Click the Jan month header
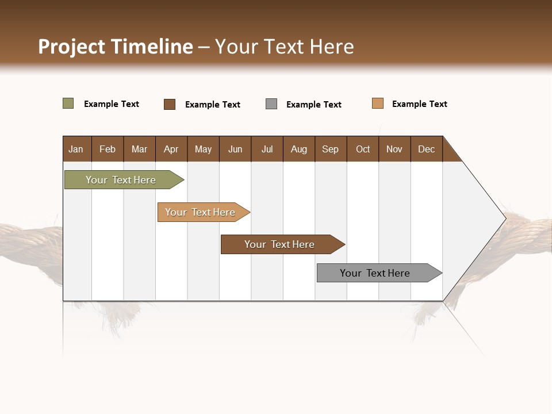click(76, 149)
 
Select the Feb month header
click(108, 149)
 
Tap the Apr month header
click(171, 149)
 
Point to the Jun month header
click(235, 149)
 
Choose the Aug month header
click(298, 149)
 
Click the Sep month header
click(330, 149)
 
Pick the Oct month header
click(363, 149)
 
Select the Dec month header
click(426, 149)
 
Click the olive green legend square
click(68, 103)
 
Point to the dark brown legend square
click(170, 104)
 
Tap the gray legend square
click(271, 104)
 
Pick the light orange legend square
click(378, 103)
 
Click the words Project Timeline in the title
click(115, 47)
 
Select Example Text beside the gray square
click(314, 105)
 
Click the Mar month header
click(139, 149)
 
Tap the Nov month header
click(394, 149)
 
